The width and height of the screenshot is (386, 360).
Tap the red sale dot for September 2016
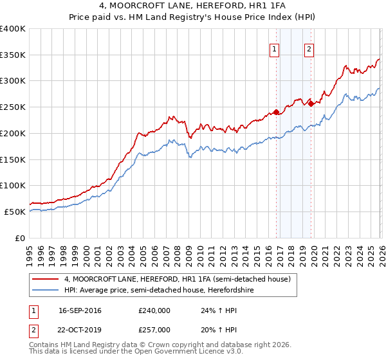pos(276,112)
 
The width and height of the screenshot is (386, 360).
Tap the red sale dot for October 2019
pos(311,103)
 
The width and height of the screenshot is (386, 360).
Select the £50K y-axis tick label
pos(15,212)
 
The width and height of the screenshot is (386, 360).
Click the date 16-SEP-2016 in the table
pos(80,310)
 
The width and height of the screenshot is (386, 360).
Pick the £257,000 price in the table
pos(154,329)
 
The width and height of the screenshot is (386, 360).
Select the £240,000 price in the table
pos(154,310)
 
